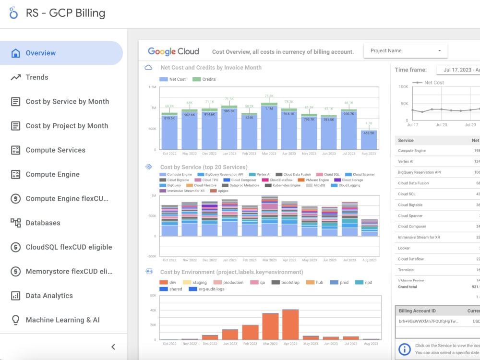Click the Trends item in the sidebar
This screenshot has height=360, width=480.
tap(37, 77)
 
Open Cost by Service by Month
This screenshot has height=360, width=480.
tap(67, 102)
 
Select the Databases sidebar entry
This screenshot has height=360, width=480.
tap(43, 223)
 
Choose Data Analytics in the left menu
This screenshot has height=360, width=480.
tap(49, 296)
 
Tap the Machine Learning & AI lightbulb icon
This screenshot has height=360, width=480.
tap(16, 320)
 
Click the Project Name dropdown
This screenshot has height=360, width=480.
tap(406, 51)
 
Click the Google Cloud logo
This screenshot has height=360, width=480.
tap(173, 51)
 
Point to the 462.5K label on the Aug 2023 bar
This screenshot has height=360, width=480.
tap(369, 133)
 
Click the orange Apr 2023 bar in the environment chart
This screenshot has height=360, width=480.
tap(290, 324)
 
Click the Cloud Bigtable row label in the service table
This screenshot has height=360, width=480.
tap(410, 205)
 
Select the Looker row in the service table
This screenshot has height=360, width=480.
tap(404, 248)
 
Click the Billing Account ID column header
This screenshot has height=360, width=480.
tap(417, 311)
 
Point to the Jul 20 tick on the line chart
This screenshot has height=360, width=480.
tap(442, 125)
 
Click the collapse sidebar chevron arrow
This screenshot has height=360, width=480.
tap(113, 347)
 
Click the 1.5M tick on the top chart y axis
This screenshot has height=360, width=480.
tap(153, 87)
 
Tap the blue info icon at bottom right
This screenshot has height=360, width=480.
tap(405, 349)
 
